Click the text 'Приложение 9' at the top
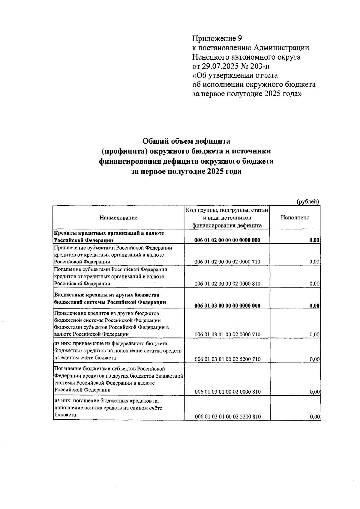[x=217, y=39]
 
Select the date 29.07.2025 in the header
[x=219, y=66]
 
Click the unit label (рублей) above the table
[x=307, y=202]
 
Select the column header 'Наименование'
[x=118, y=218]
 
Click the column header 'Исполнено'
[x=295, y=218]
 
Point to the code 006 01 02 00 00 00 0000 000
[x=227, y=240]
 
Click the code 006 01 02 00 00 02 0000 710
[x=227, y=262]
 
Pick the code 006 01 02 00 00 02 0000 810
[x=227, y=284]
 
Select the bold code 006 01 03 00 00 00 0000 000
[x=227, y=306]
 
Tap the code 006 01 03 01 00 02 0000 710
[x=227, y=335]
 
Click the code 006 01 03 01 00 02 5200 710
[x=227, y=359]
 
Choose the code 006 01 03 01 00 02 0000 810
[x=227, y=392]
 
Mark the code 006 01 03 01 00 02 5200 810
[x=227, y=417]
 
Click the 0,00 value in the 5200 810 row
[x=314, y=417]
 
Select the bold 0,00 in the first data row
[x=314, y=240]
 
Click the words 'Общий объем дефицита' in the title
[x=186, y=141]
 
